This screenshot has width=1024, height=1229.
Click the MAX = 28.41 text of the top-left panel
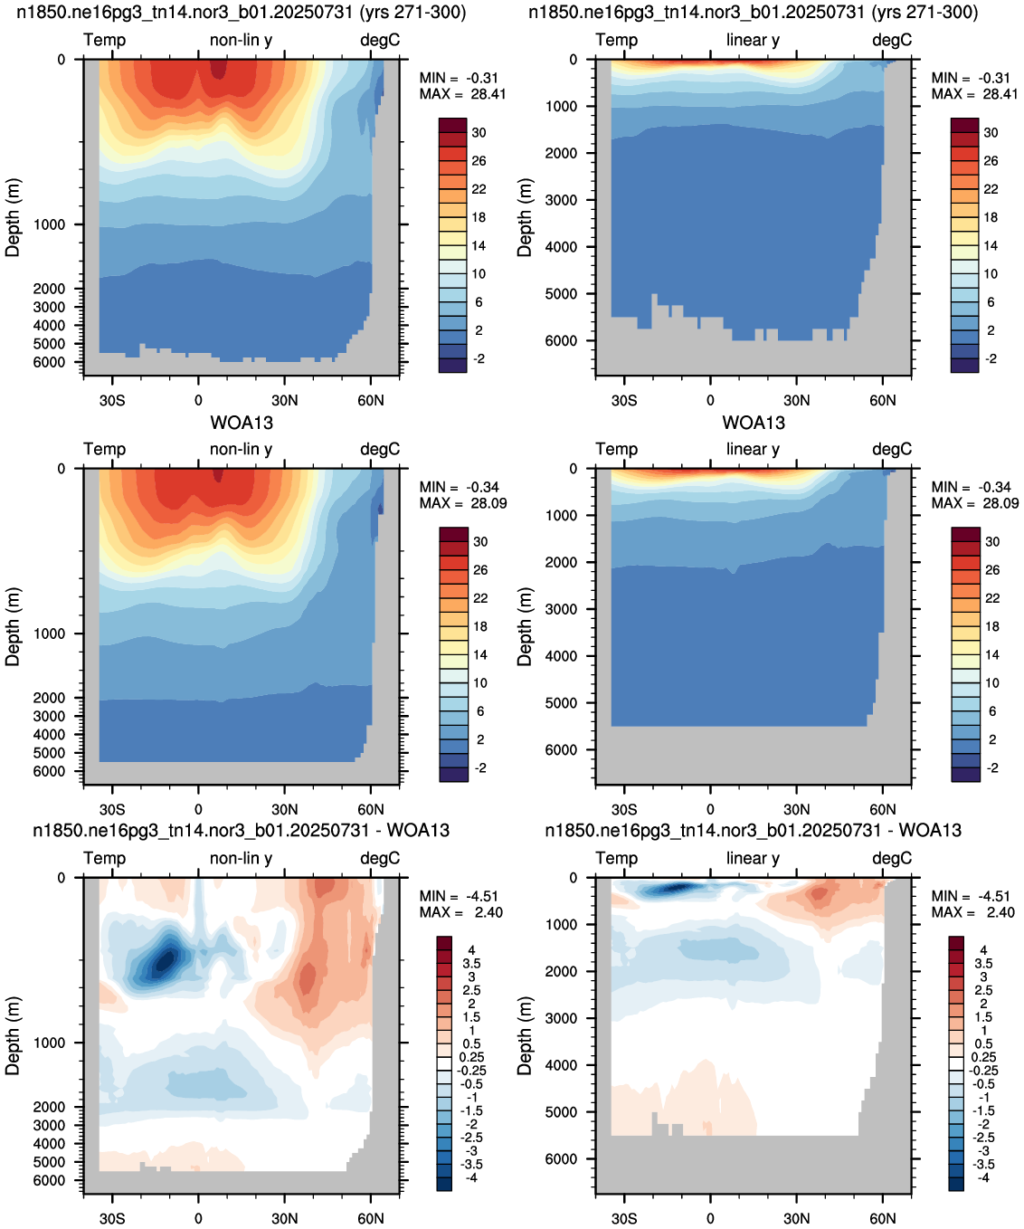point(462,94)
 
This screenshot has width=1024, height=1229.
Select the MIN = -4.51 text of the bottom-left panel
point(459,897)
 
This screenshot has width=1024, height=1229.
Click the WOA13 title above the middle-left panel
point(242,423)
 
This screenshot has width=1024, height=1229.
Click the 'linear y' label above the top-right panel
point(753,40)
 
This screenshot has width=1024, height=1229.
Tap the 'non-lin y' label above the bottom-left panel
point(241,859)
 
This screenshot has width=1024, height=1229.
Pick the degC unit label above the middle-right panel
point(892,450)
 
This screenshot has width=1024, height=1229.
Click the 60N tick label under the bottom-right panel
point(883,1218)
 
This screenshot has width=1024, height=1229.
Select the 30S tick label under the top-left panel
point(112,400)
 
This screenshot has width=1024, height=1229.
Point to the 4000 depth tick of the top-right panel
point(562,247)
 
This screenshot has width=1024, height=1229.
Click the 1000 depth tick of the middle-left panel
point(50,634)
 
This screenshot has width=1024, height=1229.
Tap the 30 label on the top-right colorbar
point(991,132)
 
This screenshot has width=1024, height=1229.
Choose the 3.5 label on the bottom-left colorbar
point(471,964)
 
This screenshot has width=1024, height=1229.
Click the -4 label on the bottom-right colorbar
point(982,1177)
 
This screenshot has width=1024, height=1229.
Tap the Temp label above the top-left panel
point(105,40)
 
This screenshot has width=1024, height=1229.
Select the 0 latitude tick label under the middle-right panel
point(710,809)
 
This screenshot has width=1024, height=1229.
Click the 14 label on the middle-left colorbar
point(480,654)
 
